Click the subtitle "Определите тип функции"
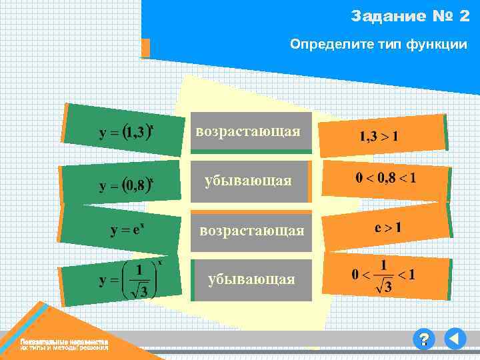click(378, 45)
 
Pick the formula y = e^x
click(128, 231)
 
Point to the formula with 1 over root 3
click(131, 279)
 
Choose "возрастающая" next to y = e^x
click(253, 231)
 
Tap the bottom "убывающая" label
click(251, 279)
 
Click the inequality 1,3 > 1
click(379, 137)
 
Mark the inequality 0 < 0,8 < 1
click(385, 178)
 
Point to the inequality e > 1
click(388, 227)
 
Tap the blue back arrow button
click(455, 340)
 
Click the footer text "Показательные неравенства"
click(64, 342)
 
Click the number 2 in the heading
click(465, 16)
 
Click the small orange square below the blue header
click(145, 48)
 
